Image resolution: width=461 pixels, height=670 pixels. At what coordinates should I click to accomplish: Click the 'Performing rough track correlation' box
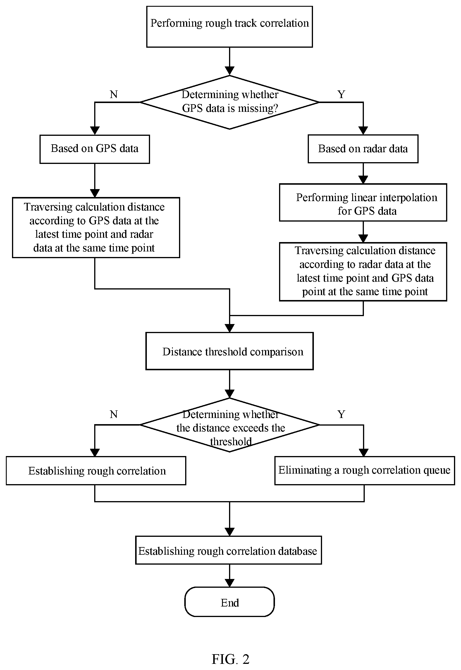pyautogui.click(x=229, y=27)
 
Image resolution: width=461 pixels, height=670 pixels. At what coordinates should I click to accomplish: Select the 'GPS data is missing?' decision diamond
pyautogui.click(x=230, y=102)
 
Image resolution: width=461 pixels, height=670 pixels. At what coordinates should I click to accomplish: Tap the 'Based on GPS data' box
pyautogui.click(x=94, y=149)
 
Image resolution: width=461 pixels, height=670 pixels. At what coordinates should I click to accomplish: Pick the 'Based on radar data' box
pyautogui.click(x=363, y=149)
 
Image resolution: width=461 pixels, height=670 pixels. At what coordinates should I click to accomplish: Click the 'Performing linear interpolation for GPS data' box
pyautogui.click(x=363, y=202)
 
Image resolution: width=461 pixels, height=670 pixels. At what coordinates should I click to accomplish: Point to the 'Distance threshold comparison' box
pyautogui.click(x=230, y=351)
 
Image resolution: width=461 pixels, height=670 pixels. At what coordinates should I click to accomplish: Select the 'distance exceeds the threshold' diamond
pyautogui.click(x=230, y=425)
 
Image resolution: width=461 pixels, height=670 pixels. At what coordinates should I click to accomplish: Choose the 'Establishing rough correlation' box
pyautogui.click(x=96, y=471)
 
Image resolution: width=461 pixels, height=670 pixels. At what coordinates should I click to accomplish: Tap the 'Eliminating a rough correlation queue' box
pyautogui.click(x=364, y=470)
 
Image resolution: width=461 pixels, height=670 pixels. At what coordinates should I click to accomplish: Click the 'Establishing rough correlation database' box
pyautogui.click(x=228, y=550)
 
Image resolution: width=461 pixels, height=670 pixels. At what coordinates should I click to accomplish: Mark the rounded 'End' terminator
pyautogui.click(x=230, y=602)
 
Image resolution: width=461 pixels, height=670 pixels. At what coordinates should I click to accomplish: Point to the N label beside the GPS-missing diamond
pyautogui.click(x=114, y=94)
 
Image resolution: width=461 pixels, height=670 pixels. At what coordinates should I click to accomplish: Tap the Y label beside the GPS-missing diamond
pyautogui.click(x=341, y=94)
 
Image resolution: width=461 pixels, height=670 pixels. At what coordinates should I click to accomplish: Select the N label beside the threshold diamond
pyautogui.click(x=114, y=414)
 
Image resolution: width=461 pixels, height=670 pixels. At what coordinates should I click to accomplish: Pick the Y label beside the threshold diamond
pyautogui.click(x=341, y=414)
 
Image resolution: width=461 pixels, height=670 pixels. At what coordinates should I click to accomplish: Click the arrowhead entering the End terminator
pyautogui.click(x=230, y=583)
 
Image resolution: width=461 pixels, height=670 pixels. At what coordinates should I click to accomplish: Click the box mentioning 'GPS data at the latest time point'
pyautogui.click(x=96, y=227)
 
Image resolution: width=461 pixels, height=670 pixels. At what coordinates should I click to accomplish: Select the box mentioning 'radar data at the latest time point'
pyautogui.click(x=363, y=271)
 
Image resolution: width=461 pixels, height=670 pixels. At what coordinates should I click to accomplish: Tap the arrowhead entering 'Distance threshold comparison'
pyautogui.click(x=230, y=328)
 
